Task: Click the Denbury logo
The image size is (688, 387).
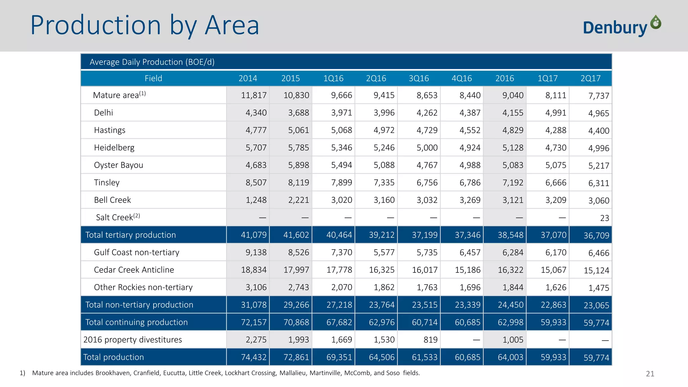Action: tap(621, 26)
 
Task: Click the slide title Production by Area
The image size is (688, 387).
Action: tap(145, 26)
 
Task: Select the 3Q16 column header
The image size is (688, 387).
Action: tap(419, 78)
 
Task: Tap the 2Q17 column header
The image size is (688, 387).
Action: tap(590, 78)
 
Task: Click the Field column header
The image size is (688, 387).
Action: tap(153, 78)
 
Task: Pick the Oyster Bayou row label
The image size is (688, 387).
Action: tap(118, 165)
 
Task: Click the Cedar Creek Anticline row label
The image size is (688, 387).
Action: tap(134, 270)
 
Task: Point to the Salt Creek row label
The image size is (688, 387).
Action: tap(117, 217)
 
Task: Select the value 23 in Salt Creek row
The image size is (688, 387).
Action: tap(604, 218)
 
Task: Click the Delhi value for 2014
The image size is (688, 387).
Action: tap(256, 113)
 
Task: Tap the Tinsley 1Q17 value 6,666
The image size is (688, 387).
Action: tap(556, 182)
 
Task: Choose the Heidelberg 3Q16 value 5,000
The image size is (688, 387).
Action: tap(427, 147)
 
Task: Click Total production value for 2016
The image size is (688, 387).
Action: tap(510, 357)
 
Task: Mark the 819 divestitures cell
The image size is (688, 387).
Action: tap(430, 340)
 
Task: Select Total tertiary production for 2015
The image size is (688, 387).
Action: tap(296, 235)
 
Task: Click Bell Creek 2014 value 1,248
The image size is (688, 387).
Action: tap(256, 200)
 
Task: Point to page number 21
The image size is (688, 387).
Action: tap(650, 374)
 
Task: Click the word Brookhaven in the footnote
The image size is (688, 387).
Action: tap(113, 373)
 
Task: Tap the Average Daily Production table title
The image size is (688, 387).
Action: tap(152, 62)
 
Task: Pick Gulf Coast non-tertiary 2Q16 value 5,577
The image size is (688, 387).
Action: tap(384, 252)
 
